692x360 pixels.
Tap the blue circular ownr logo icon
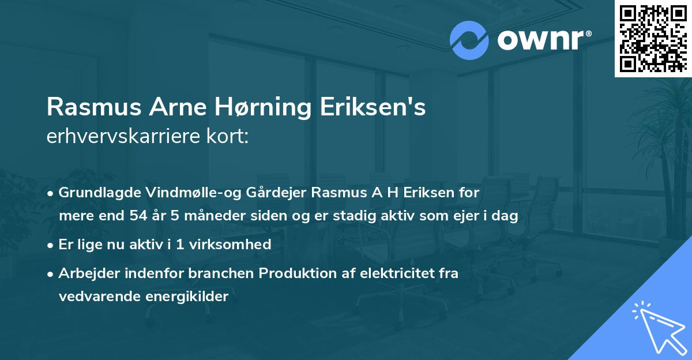[x=469, y=40]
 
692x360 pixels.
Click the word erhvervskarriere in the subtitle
[x=125, y=136]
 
